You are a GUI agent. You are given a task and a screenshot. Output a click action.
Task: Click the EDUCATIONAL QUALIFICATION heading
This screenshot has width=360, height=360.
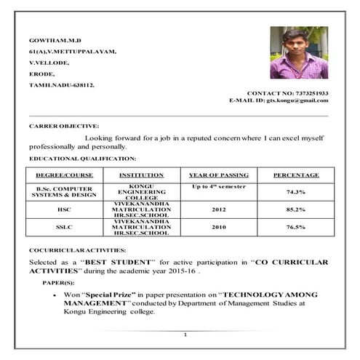click(x=82, y=158)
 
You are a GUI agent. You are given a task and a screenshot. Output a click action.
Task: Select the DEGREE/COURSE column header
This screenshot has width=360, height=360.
click(x=64, y=175)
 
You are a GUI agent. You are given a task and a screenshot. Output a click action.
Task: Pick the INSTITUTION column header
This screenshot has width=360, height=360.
click(x=136, y=175)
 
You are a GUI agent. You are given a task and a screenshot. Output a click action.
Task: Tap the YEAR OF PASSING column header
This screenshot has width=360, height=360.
click(x=219, y=175)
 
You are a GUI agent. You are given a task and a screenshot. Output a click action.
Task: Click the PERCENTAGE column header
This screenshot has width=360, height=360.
click(x=295, y=175)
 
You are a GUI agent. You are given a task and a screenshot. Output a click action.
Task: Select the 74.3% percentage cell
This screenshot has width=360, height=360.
click(x=295, y=191)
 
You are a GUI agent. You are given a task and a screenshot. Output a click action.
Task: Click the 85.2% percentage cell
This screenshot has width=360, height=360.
click(x=295, y=209)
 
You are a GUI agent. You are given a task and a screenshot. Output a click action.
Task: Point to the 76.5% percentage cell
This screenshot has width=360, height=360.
click(x=295, y=227)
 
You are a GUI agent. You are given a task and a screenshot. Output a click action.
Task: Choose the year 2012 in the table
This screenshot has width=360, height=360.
click(x=219, y=209)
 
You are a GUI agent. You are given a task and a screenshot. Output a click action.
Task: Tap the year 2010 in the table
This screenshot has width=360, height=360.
click(x=219, y=227)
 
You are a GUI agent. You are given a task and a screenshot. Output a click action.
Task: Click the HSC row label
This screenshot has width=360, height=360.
click(x=64, y=209)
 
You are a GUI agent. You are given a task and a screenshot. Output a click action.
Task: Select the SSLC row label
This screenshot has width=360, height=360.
click(x=64, y=227)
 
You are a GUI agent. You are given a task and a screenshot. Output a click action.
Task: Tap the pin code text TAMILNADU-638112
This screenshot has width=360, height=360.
click(x=61, y=85)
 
